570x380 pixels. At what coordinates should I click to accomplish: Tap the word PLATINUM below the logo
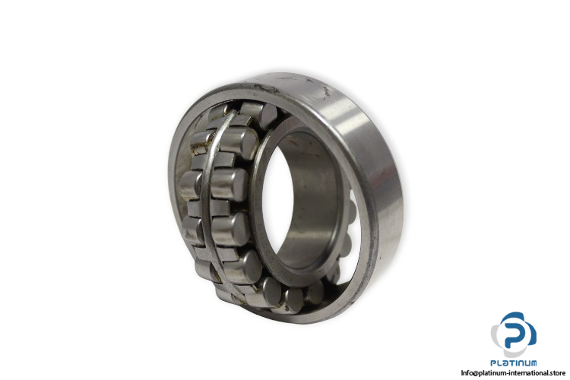tap(513, 363)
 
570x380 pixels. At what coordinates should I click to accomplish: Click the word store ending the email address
tap(557, 372)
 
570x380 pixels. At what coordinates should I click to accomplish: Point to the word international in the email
tap(529, 372)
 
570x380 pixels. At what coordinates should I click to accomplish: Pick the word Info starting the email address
tap(467, 372)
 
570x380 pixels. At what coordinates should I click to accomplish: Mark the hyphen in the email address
tap(509, 373)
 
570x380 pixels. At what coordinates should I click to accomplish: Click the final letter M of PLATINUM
tap(533, 363)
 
